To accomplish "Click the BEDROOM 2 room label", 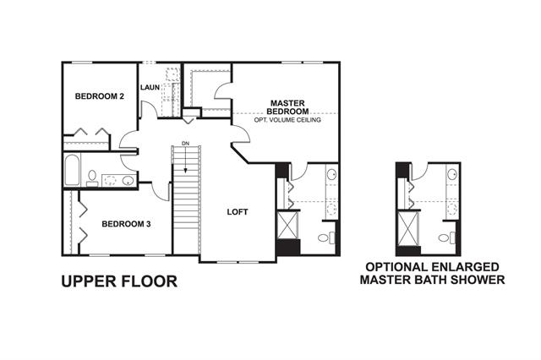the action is [100, 96].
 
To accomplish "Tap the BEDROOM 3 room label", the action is [126, 224].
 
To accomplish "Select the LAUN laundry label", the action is [150, 88].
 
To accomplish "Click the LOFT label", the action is [238, 212].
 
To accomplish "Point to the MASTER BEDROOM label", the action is [287, 107].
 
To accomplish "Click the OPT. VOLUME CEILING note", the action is [287, 120].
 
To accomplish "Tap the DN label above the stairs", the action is [186, 143].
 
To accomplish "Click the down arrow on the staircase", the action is [186, 160].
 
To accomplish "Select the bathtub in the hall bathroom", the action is [72, 170].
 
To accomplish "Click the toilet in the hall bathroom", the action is [92, 177].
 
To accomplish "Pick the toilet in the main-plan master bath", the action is [326, 237].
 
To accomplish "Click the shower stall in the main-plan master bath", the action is [287, 225].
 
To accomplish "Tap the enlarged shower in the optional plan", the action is [407, 229].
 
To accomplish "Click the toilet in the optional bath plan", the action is [447, 238].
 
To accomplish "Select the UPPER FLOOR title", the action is [119, 281].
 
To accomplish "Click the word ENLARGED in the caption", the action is [464, 267].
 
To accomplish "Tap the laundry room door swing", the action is [149, 110].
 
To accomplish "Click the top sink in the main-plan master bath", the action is [332, 174].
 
